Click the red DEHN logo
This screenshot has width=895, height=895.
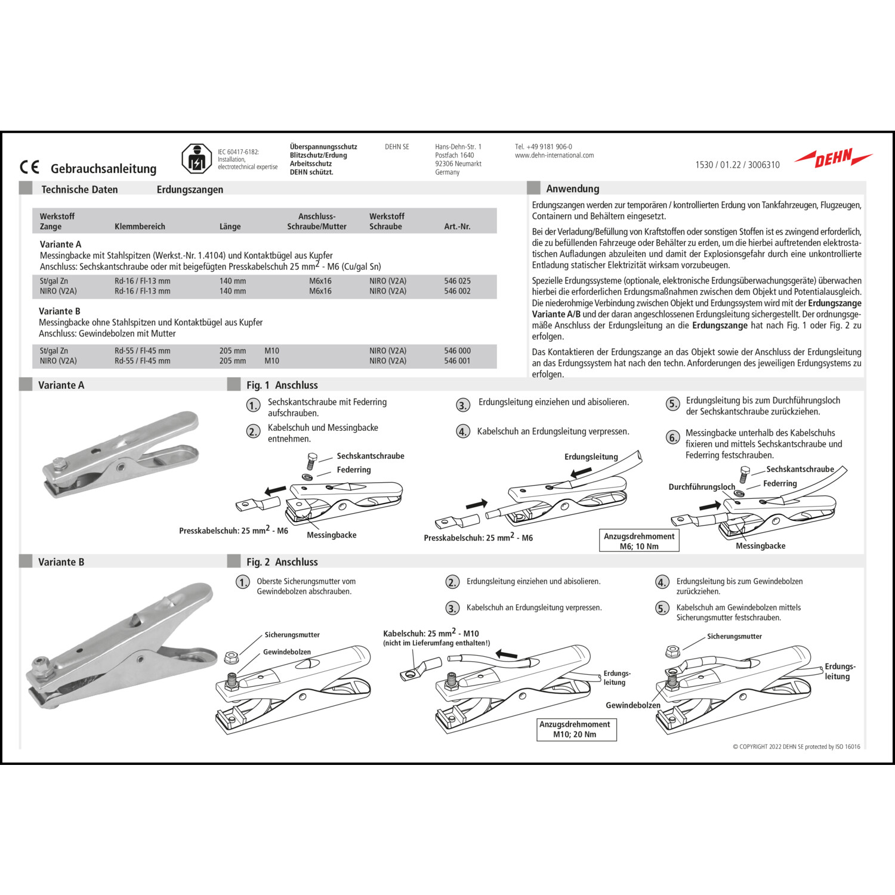[x=834, y=159]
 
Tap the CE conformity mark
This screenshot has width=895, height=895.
[x=29, y=167]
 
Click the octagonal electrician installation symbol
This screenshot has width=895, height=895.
[x=196, y=159]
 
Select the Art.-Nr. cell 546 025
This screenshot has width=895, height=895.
[x=457, y=281]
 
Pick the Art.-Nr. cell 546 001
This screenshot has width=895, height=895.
[x=457, y=361]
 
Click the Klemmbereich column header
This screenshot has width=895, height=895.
[x=140, y=227]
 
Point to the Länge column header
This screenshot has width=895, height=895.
[x=230, y=227]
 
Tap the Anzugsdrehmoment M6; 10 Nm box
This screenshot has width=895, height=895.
[x=639, y=541]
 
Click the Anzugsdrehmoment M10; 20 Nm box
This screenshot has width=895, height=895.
[x=575, y=729]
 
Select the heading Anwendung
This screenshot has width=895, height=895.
[x=572, y=189]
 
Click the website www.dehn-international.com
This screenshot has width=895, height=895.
[x=554, y=155]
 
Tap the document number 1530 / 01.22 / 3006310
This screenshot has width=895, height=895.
[x=737, y=165]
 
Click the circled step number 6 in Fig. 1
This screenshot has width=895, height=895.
[x=672, y=437]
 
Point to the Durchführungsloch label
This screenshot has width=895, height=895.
[x=702, y=487]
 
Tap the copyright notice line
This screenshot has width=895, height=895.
[x=796, y=746]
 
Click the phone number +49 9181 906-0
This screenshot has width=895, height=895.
[x=544, y=147]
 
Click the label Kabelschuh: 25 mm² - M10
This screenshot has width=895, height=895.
[x=431, y=633]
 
